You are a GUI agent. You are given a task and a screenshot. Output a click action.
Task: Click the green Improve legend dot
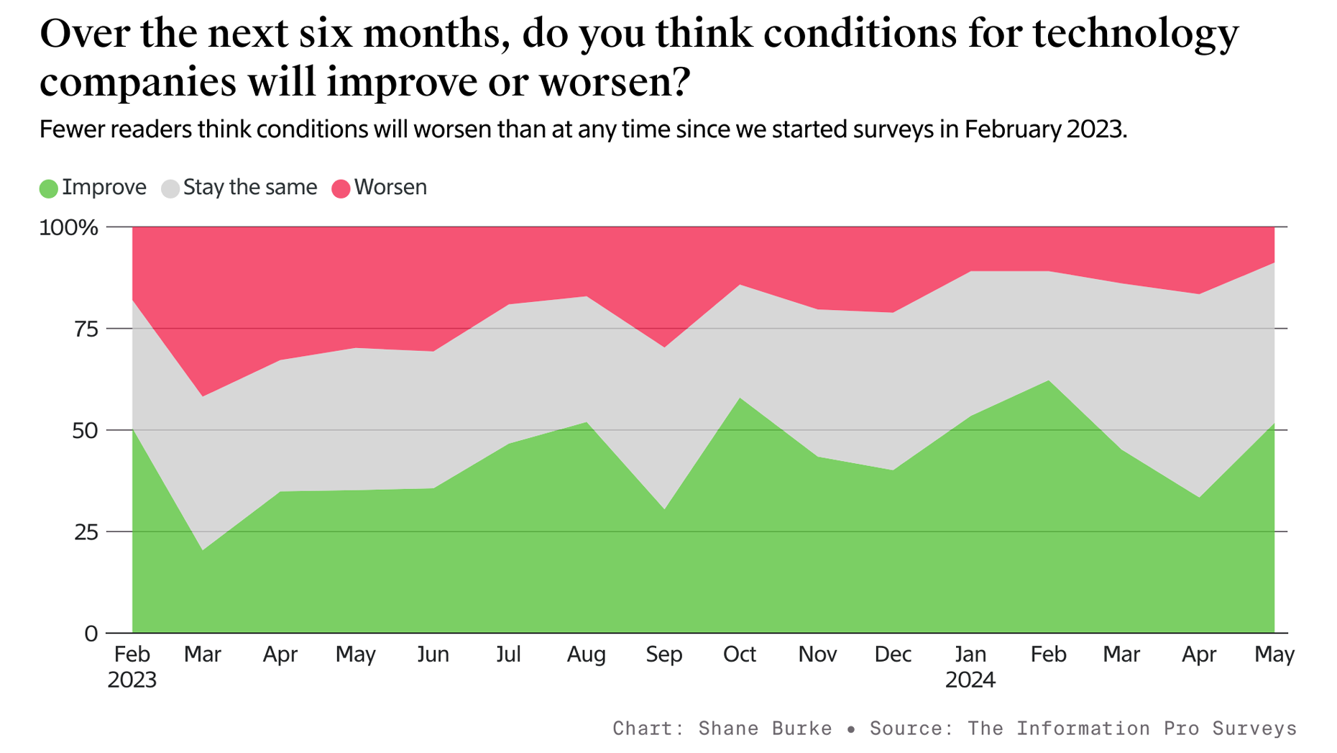[48, 189]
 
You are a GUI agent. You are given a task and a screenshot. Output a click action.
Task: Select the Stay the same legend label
[249, 188]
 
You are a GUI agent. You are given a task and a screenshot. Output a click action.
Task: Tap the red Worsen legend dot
[341, 189]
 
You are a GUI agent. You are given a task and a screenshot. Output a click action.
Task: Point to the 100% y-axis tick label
[68, 228]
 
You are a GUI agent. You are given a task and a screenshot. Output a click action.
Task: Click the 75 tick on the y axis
[85, 329]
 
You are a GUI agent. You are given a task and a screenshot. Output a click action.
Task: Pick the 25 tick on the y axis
[85, 532]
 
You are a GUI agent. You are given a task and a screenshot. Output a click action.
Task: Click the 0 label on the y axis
[91, 634]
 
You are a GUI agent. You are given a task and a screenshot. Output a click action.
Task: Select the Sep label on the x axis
[663, 654]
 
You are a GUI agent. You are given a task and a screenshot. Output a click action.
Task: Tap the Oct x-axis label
[740, 654]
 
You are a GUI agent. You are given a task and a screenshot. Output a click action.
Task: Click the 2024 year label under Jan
[970, 680]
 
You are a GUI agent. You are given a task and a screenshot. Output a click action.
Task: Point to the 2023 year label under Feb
[132, 680]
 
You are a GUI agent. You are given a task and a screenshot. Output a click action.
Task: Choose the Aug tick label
[586, 654]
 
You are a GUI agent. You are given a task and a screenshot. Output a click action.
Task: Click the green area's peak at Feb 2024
[1048, 381]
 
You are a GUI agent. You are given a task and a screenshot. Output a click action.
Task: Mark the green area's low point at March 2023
[203, 550]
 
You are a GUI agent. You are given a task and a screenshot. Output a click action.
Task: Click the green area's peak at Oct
[740, 398]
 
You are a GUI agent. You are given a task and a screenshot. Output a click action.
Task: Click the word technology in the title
[1136, 34]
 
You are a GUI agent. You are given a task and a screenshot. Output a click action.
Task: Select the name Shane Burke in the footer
[765, 729]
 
